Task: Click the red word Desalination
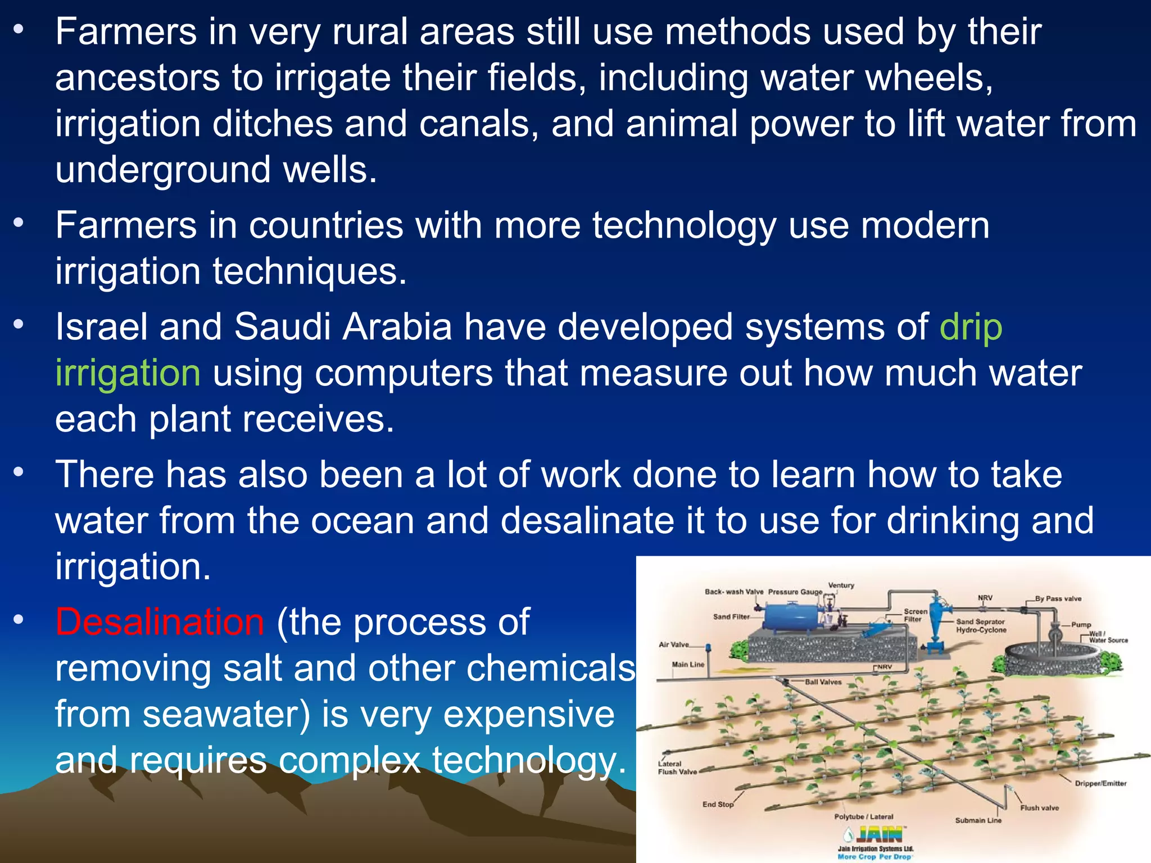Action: pyautogui.click(x=160, y=622)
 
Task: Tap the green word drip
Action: pyautogui.click(x=971, y=328)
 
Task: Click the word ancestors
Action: pyautogui.click(x=137, y=78)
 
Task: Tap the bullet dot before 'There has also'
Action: pyautogui.click(x=19, y=472)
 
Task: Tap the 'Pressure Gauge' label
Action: pyautogui.click(x=795, y=592)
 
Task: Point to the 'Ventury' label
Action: pyautogui.click(x=841, y=585)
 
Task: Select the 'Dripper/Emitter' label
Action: pyautogui.click(x=1100, y=783)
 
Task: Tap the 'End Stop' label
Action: pyautogui.click(x=718, y=804)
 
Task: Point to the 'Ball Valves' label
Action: pyautogui.click(x=823, y=682)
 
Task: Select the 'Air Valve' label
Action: pyautogui.click(x=673, y=644)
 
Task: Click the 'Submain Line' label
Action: pyautogui.click(x=978, y=820)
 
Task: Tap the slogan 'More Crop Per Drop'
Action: pyautogui.click(x=874, y=857)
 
